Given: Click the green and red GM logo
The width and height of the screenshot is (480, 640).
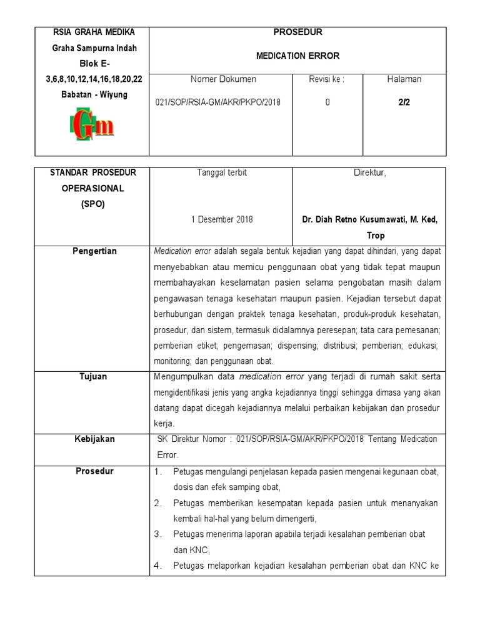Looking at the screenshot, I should (x=91, y=125).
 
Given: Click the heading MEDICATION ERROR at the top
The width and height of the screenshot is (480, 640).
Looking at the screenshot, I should (x=297, y=56).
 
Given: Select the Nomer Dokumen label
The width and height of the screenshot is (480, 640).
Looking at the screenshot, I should (x=221, y=79).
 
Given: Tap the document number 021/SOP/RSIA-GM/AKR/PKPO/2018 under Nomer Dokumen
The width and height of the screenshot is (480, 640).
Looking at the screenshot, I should (x=221, y=102).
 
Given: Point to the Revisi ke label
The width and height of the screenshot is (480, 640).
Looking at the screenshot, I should (x=327, y=79).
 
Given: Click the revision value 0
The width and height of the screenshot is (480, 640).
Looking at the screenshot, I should (x=327, y=102).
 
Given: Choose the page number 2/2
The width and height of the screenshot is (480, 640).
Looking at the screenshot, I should (x=404, y=102).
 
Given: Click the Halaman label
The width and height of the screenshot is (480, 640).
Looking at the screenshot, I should (x=404, y=79).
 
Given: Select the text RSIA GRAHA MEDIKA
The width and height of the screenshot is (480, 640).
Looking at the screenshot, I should (x=92, y=32).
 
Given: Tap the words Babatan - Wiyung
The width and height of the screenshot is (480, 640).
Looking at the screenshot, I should (x=92, y=95).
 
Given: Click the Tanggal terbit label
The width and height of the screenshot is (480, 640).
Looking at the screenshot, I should (x=221, y=172).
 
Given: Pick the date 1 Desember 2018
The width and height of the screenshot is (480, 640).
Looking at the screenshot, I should (x=221, y=219).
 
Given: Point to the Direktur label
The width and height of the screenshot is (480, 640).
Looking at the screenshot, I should (x=370, y=172).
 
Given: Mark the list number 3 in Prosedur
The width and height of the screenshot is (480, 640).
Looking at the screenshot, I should (x=158, y=534).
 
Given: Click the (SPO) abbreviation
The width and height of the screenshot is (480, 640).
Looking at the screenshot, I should (x=92, y=204).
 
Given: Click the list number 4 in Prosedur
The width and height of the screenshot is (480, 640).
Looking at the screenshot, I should (x=158, y=566).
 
